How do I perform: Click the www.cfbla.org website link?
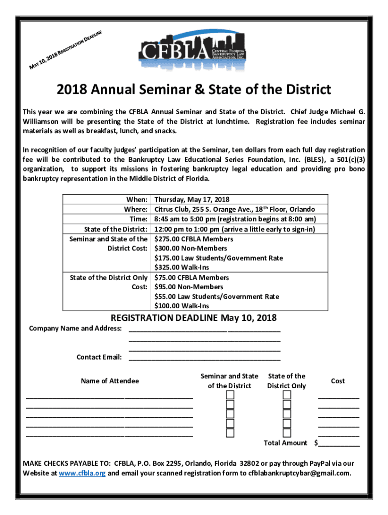pyautogui.click(x=82, y=473)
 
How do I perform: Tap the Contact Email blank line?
pyautogui.click(x=205, y=357)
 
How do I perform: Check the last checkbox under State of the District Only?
pyautogui.click(x=287, y=433)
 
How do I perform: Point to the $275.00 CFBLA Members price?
pyautogui.click(x=193, y=239)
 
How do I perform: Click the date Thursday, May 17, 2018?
pyautogui.click(x=191, y=200)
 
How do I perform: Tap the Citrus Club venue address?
pyautogui.click(x=235, y=209)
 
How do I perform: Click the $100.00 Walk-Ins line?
pyautogui.click(x=181, y=306)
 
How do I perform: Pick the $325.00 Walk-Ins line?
pyautogui.click(x=181, y=267)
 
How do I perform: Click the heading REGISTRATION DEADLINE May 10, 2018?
pyautogui.click(x=193, y=318)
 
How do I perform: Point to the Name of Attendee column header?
pyautogui.click(x=110, y=381)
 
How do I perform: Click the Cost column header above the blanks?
pyautogui.click(x=338, y=381)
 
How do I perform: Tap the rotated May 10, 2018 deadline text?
pyautogui.click(x=66, y=50)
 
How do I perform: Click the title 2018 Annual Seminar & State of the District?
pyautogui.click(x=194, y=90)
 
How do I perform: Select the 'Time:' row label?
pyautogui.click(x=139, y=219)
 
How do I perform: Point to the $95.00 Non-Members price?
pyautogui.click(x=190, y=287)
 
